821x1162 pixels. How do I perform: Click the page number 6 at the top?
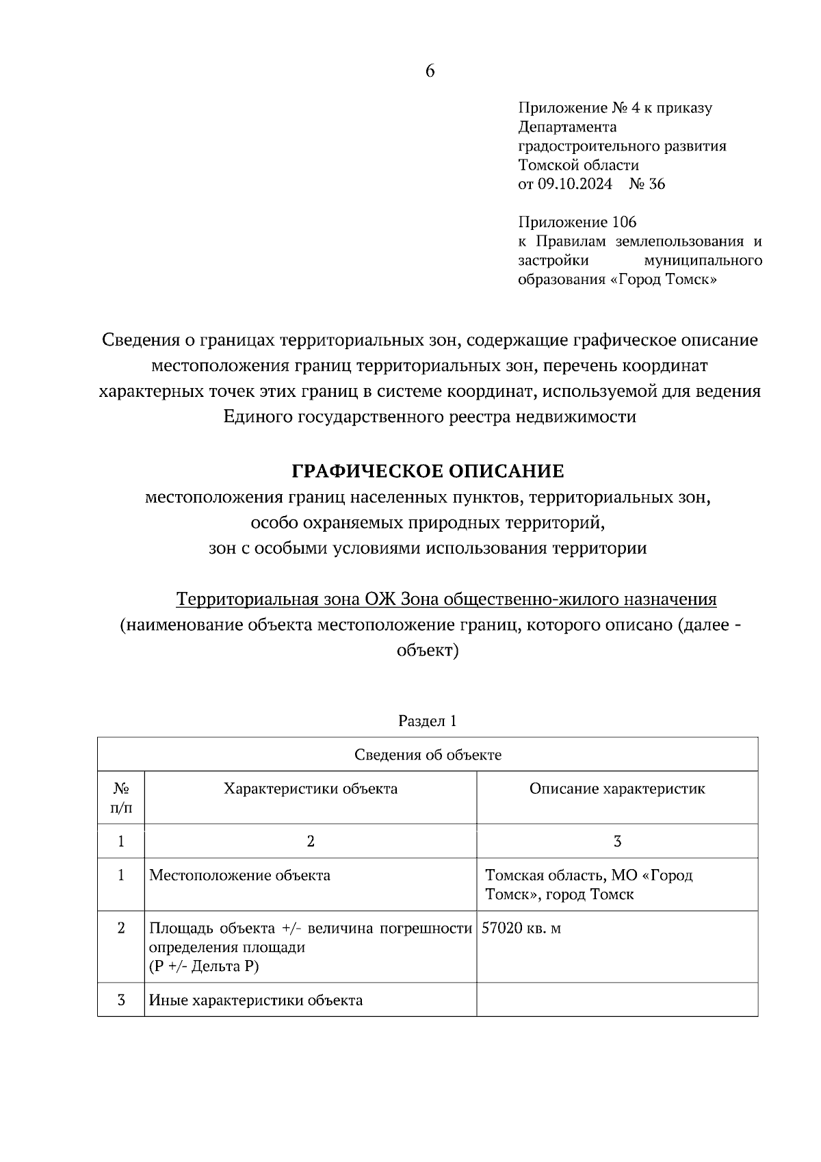(430, 71)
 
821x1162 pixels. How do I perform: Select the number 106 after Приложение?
(624, 222)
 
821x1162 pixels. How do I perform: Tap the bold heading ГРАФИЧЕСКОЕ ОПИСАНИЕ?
(428, 472)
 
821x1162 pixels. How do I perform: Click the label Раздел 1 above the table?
(427, 721)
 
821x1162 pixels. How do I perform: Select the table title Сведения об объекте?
(428, 755)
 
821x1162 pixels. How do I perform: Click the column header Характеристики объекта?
(311, 788)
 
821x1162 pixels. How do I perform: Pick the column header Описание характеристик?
(617, 788)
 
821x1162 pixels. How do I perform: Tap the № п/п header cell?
(121, 798)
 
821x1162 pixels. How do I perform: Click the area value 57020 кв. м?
(521, 929)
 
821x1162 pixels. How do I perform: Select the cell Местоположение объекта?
(239, 875)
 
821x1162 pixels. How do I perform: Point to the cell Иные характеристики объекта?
(256, 1000)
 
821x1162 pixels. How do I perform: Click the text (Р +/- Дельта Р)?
(204, 966)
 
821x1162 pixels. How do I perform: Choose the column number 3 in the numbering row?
(617, 842)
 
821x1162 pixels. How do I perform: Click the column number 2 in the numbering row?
(311, 842)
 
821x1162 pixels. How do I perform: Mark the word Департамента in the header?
(567, 127)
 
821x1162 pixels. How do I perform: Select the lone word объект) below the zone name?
(428, 650)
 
